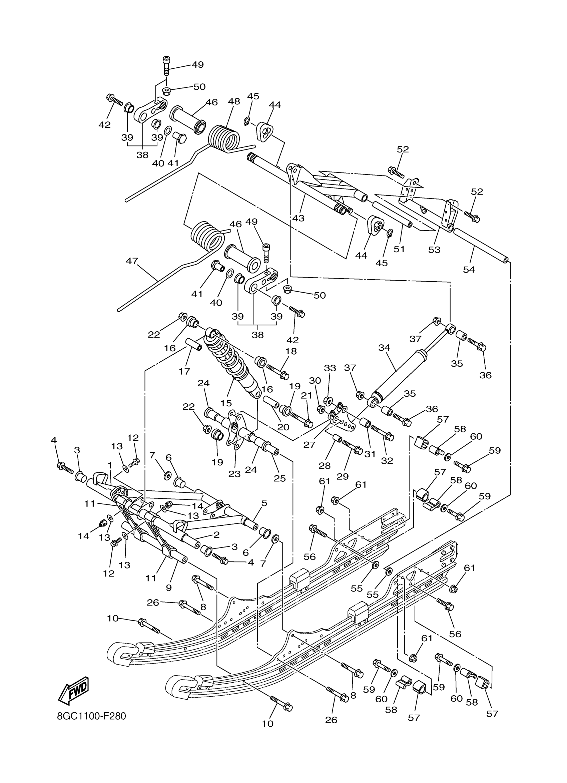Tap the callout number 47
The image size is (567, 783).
point(132,261)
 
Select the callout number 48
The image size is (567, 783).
point(234,101)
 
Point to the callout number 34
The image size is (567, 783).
point(384,348)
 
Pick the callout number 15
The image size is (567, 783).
point(226,403)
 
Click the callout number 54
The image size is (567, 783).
point(469,270)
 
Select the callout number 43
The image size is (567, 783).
point(298,218)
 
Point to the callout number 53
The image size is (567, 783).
point(435,249)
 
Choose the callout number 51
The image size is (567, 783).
point(399,249)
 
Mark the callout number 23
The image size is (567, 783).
point(234,474)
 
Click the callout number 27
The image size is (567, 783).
point(310,445)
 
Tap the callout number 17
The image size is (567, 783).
point(185,371)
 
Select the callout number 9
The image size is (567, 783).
point(169,588)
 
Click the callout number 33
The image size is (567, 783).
point(330,368)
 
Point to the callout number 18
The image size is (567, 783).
point(291,351)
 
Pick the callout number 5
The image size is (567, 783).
point(264,503)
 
